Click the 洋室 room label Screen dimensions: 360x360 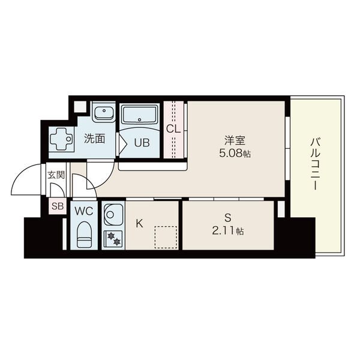pos(235,140)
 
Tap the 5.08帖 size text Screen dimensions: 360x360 pos(235,154)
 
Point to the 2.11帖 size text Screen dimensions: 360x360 pos(228,231)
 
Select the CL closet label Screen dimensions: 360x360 pos(173,129)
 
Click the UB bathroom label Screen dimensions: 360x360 pos(142,143)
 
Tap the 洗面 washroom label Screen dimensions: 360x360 pos(94,139)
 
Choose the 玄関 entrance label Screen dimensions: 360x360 pos(56,175)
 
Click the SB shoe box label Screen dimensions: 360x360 pos(58,206)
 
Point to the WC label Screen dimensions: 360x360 pos(84,211)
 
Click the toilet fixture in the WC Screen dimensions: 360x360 pos(84,235)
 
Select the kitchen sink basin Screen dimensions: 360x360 pos(113,215)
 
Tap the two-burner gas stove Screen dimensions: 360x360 pos(113,238)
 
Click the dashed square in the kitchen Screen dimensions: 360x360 pos(166,238)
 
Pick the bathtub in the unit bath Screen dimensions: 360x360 pos(140,115)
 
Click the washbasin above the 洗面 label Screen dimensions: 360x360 pos(104,112)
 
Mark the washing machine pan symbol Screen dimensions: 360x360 pos(62,139)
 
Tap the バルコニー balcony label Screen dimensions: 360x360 pos(314,164)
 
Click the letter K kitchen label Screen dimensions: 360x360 pos(139,223)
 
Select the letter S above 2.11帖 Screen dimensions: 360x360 pos(228,218)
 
